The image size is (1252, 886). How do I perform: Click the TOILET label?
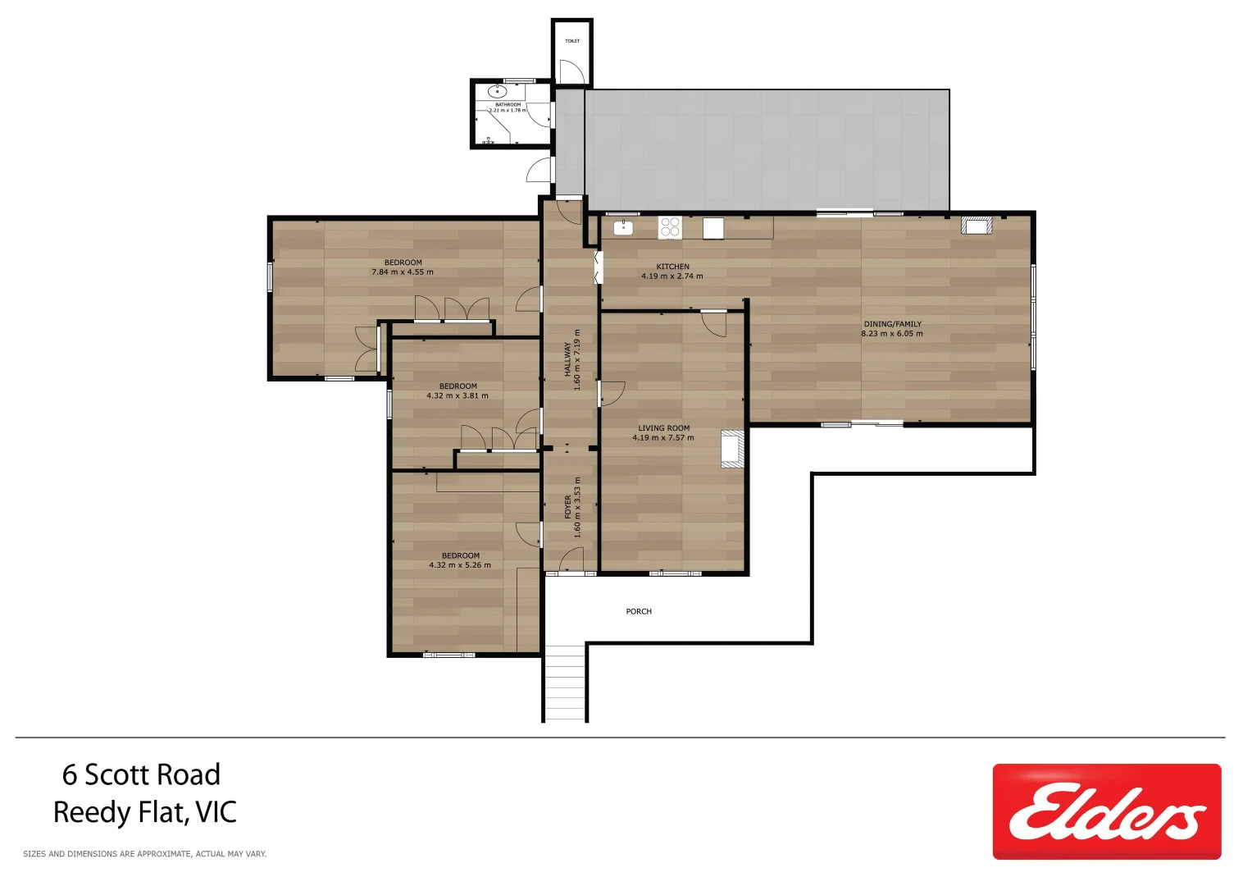point(572,41)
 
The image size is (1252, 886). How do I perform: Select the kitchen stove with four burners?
point(670,226)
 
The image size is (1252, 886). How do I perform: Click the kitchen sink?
point(623,226)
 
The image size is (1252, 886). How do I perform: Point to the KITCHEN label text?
point(672,267)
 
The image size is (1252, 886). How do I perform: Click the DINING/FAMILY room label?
point(892,324)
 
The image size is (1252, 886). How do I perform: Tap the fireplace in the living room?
point(731,449)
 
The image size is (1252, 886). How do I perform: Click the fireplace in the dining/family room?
point(977,225)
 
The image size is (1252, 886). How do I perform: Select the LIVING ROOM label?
point(663,428)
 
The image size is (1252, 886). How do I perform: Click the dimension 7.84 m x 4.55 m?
point(402,272)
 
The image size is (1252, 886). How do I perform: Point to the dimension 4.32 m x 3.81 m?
point(457,396)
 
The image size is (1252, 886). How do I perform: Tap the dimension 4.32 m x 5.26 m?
point(459,565)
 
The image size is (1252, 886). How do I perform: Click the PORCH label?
point(639,611)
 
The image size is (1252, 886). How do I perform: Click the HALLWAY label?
point(567,359)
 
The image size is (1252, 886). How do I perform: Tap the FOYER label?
point(567,506)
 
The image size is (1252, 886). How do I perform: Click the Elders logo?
point(1106,811)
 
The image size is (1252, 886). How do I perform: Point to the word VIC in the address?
point(216,812)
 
